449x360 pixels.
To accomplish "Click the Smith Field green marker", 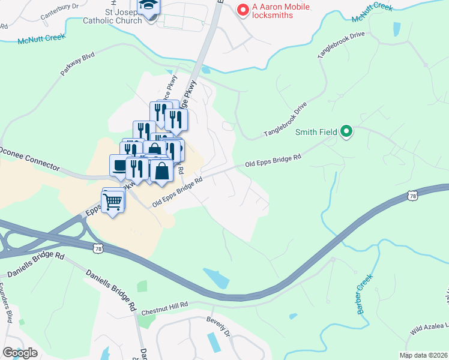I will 346,131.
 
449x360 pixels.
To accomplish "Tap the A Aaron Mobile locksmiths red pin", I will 243,10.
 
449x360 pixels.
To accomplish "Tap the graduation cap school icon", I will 148,6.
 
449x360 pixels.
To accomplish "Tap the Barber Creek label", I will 365,294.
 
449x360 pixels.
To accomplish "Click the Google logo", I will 20,352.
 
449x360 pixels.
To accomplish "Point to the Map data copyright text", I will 423,355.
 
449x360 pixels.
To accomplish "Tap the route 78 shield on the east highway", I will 411,196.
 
